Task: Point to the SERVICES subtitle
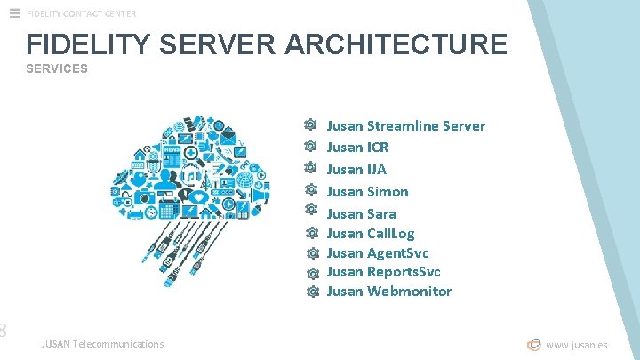pyautogui.click(x=57, y=68)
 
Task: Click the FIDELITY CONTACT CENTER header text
pyautogui.click(x=82, y=13)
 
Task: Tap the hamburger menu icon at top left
pyautogui.click(x=14, y=13)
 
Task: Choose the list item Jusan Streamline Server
pyautogui.click(x=405, y=126)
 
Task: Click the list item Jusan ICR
pyautogui.click(x=357, y=148)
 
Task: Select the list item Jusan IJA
pyautogui.click(x=356, y=170)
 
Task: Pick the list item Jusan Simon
pyautogui.click(x=367, y=192)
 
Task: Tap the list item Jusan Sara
pyautogui.click(x=361, y=213)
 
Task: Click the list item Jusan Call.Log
pyautogui.click(x=370, y=234)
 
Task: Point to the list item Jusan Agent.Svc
pyautogui.click(x=377, y=253)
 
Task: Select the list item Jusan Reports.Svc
pyautogui.click(x=383, y=272)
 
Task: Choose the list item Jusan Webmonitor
pyautogui.click(x=388, y=292)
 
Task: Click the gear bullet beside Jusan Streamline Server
pyautogui.click(x=310, y=126)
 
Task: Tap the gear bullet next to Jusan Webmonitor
pyautogui.click(x=312, y=292)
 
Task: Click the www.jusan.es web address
pyautogui.click(x=577, y=345)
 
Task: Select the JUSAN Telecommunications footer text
pyautogui.click(x=102, y=344)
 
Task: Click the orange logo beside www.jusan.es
pyautogui.click(x=534, y=345)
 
